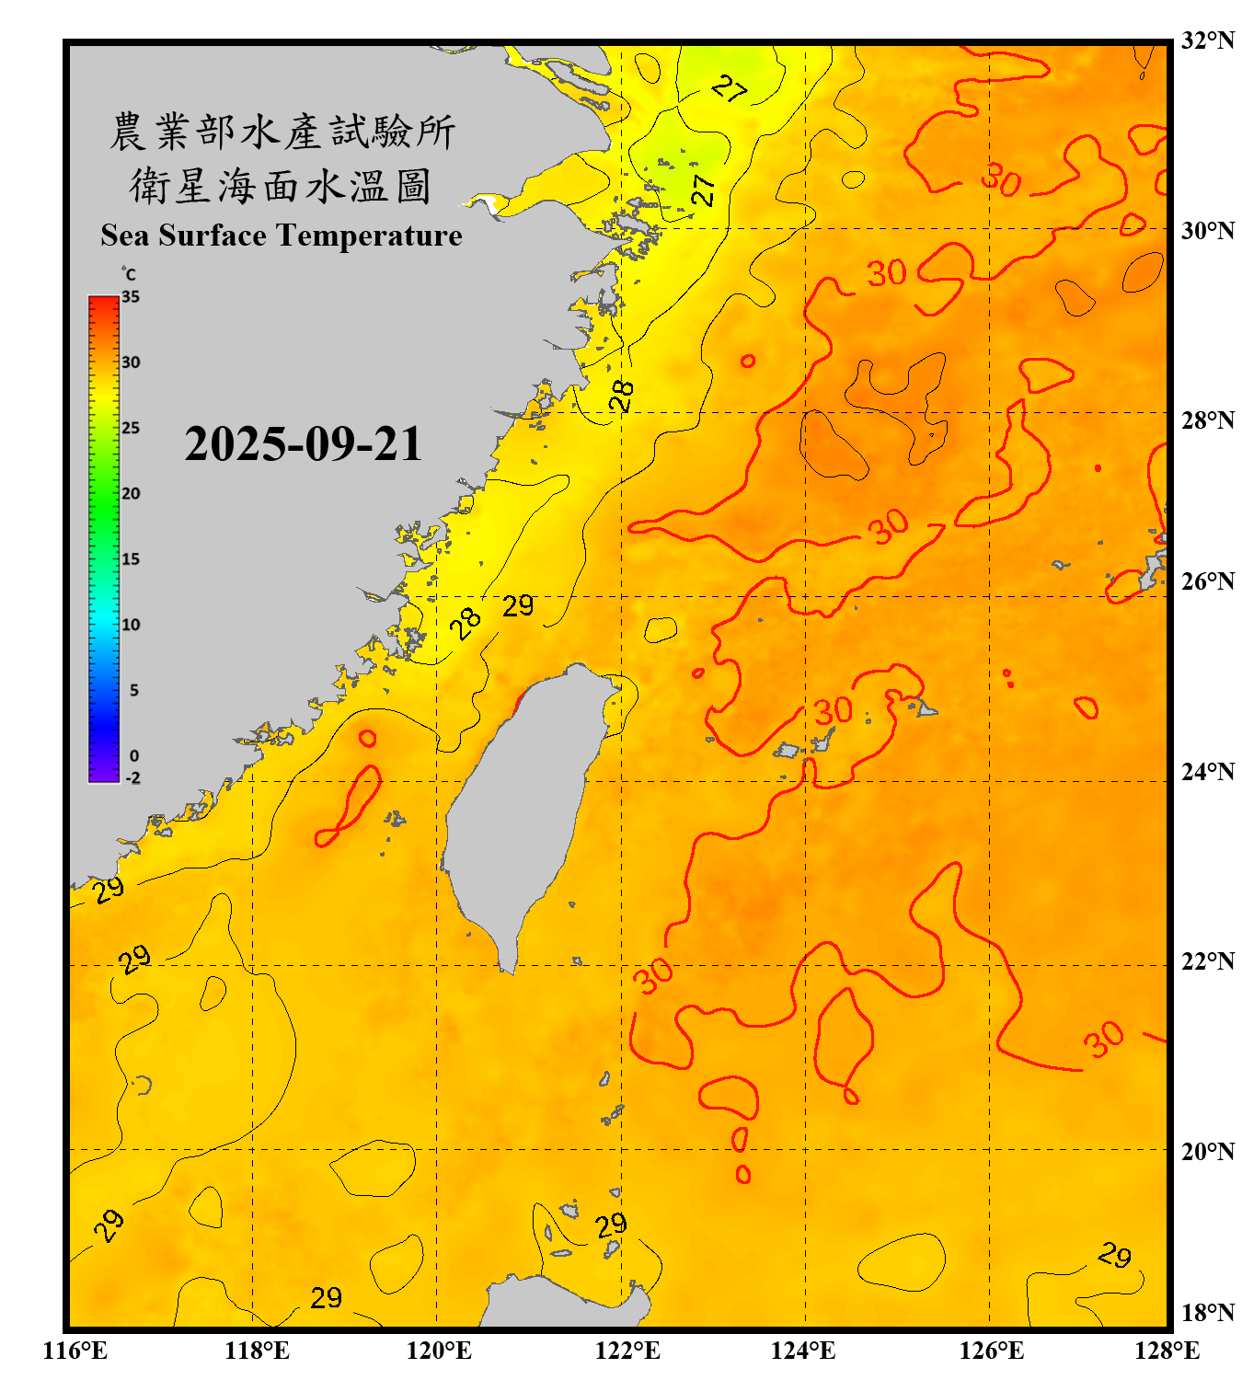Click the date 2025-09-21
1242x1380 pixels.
[303, 444]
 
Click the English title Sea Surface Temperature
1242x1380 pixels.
[282, 236]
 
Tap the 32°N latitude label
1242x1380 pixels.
[1207, 40]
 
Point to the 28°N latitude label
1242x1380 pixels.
[1207, 420]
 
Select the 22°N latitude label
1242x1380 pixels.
[1207, 961]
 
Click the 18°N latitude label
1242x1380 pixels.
[1207, 1313]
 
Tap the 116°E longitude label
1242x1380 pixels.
[75, 1351]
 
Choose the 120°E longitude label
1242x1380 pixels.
[439, 1351]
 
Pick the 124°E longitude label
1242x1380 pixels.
[803, 1351]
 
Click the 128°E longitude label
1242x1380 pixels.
[1167, 1351]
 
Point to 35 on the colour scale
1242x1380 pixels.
[131, 297]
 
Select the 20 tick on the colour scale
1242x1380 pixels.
[131, 494]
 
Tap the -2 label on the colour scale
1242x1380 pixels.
[132, 778]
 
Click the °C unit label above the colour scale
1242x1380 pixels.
[128, 274]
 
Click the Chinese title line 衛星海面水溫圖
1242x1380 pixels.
[281, 186]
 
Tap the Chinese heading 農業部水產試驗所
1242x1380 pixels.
[282, 132]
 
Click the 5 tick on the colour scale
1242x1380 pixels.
[134, 690]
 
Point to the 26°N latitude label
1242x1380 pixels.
[1207, 581]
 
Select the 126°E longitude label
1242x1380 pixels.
[991, 1351]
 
